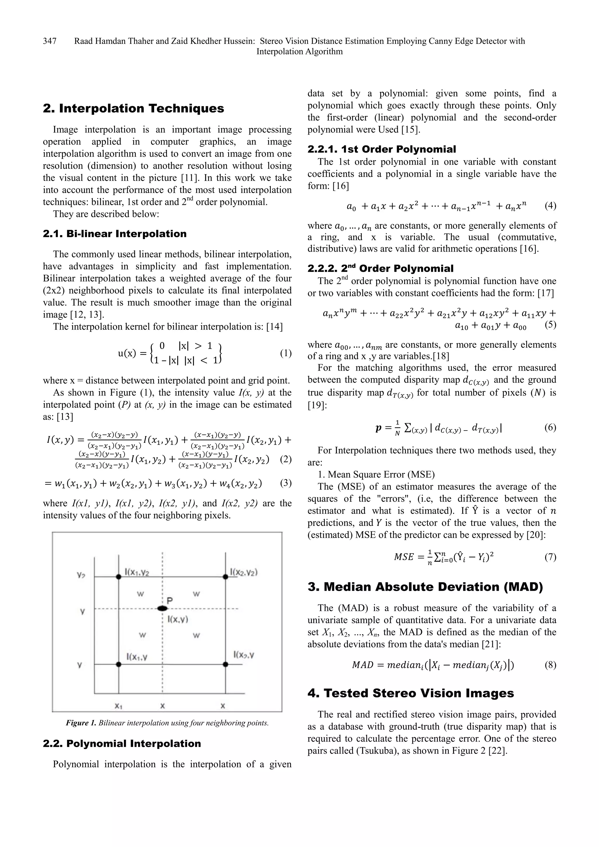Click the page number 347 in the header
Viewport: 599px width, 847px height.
49,41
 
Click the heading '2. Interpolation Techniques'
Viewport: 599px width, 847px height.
133,108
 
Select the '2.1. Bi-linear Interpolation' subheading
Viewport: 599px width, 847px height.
114,234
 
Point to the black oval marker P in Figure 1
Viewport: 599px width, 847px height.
162,608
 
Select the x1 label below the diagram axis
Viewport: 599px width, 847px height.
118,706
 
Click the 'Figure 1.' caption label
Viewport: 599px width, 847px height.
81,723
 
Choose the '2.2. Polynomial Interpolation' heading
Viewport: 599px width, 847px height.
122,743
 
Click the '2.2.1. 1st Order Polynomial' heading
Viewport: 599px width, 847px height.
382,149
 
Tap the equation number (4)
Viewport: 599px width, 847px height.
550,205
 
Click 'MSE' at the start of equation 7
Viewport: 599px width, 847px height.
403,557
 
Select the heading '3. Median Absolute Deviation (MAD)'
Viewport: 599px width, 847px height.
425,587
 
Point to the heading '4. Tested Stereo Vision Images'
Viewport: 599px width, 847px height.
410,693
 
